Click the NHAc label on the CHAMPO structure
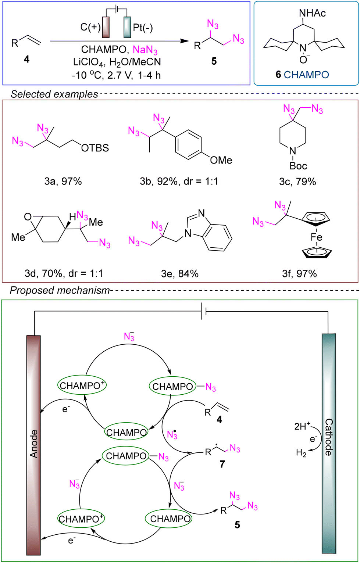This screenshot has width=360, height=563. pyautogui.click(x=313, y=13)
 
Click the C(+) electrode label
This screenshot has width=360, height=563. pyautogui.click(x=90, y=28)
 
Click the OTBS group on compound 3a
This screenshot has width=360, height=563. pyautogui.click(x=95, y=148)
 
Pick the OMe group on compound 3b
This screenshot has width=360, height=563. pyautogui.click(x=221, y=160)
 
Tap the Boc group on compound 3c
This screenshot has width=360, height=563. pyautogui.click(x=298, y=166)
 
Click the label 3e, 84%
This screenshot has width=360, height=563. pyautogui.click(x=183, y=273)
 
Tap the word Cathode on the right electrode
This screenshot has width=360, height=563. pyautogui.click(x=328, y=437)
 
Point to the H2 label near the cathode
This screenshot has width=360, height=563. pyautogui.click(x=301, y=453)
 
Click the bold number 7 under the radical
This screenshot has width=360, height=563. pyautogui.click(x=222, y=464)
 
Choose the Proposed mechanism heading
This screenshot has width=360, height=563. pyautogui.click(x=60, y=290)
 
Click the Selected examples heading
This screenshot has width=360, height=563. pyautogui.click(x=54, y=94)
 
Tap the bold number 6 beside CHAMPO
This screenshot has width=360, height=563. pyautogui.click(x=278, y=74)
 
